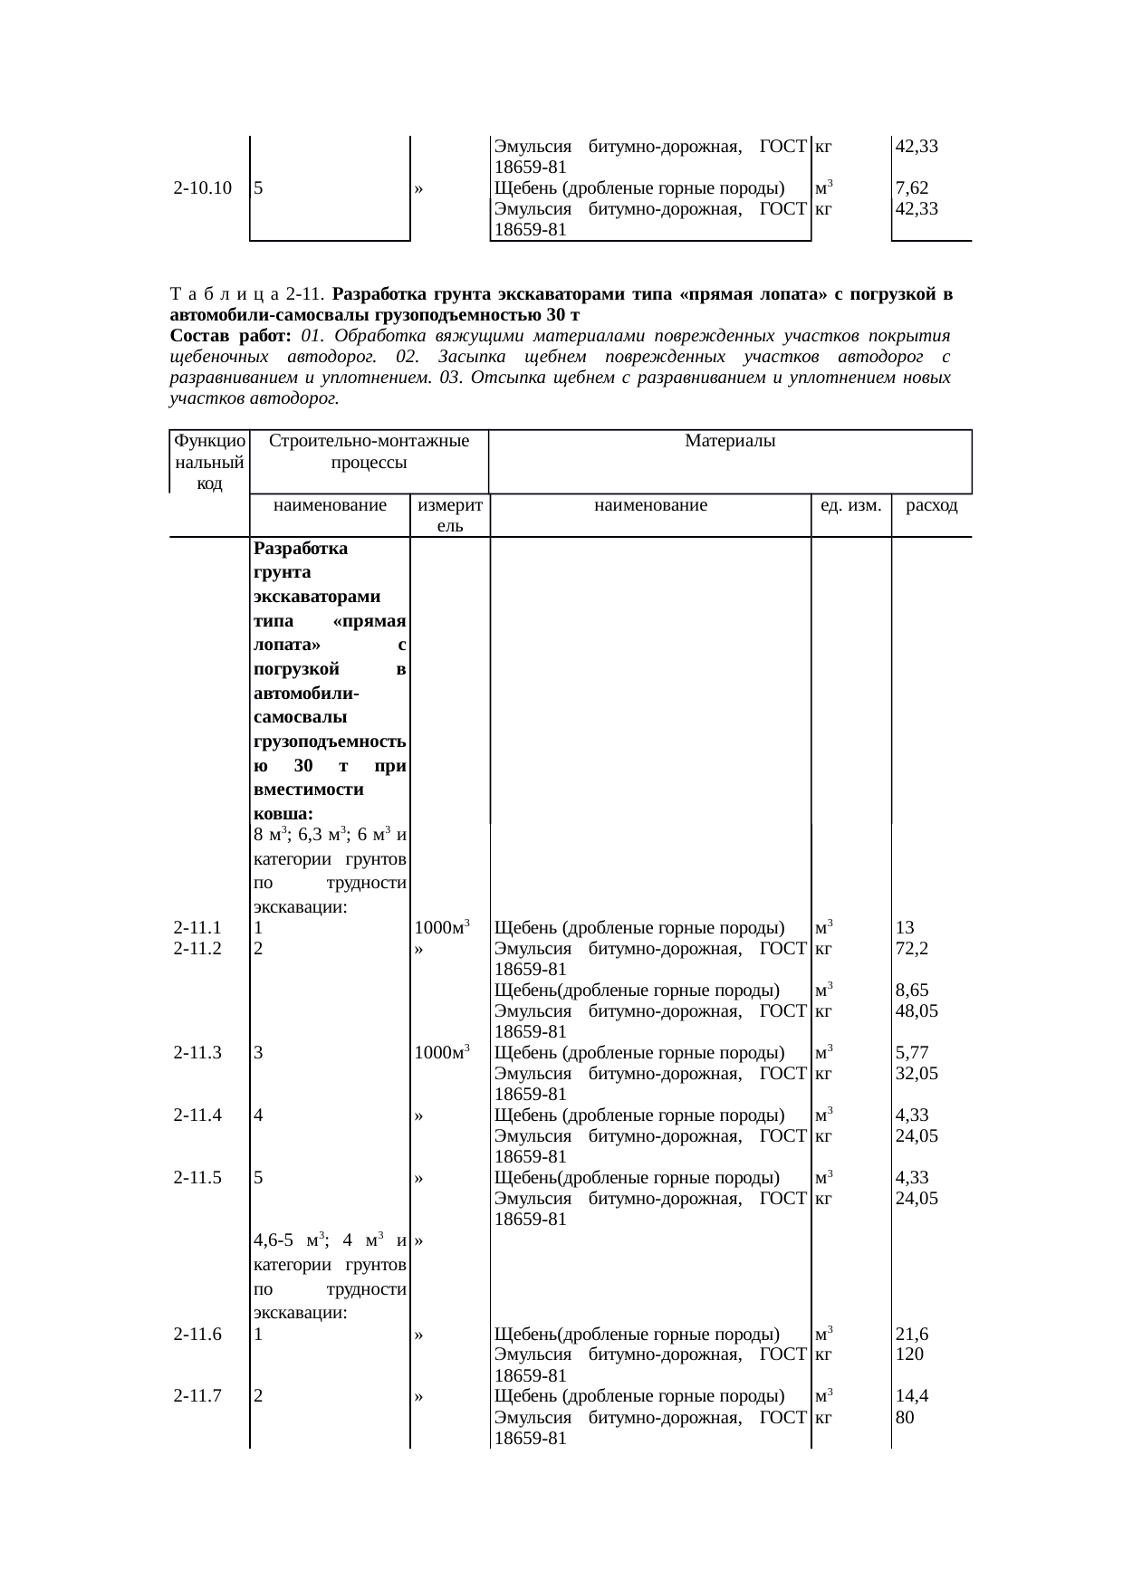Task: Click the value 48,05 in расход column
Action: (916, 1011)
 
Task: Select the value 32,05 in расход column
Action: (916, 1074)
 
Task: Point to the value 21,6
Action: (911, 1334)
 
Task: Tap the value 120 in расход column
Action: (908, 1354)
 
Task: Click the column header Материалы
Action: (730, 442)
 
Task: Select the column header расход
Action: (931, 505)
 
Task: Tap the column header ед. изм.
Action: (850, 505)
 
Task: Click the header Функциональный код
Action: (209, 462)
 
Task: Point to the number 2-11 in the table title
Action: (306, 295)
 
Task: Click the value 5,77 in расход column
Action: (911, 1053)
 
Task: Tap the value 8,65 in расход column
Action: (911, 991)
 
